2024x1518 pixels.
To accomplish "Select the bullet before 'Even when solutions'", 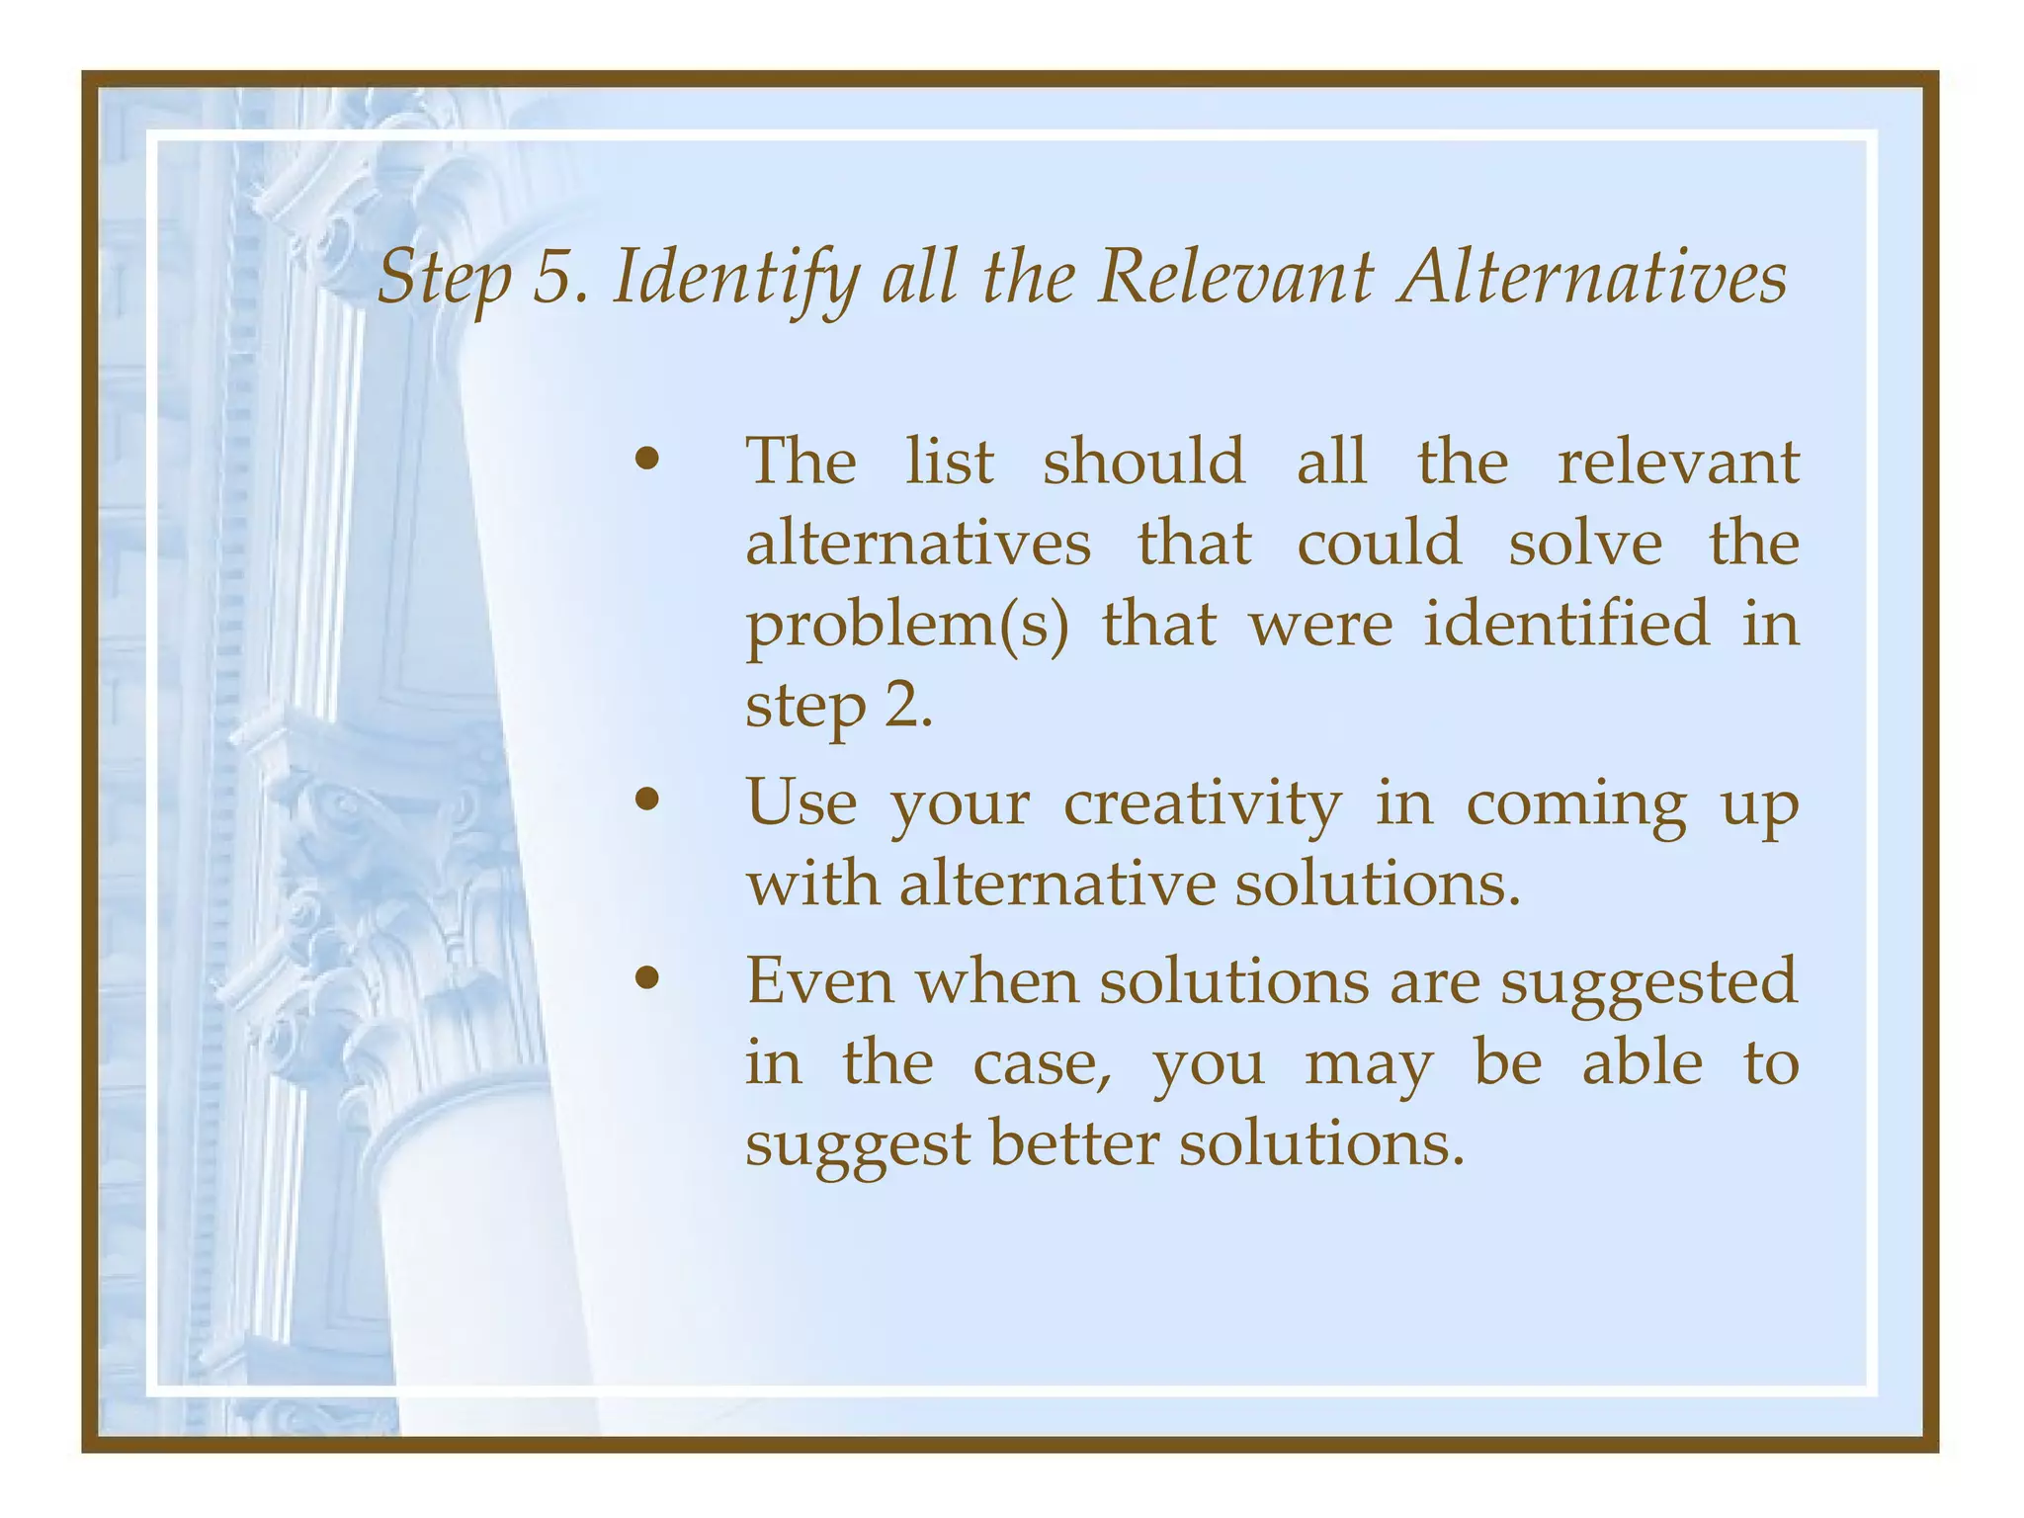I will click(647, 978).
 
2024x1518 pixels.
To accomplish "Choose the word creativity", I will click(1202, 802).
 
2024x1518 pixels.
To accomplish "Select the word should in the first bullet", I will click(1143, 461).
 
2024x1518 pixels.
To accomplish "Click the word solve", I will click(1584, 543).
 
